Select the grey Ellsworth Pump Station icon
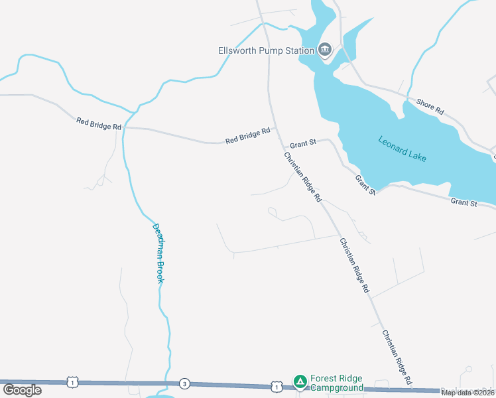click(x=325, y=49)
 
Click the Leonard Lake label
click(x=403, y=149)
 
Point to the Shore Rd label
click(x=430, y=107)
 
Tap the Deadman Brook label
click(x=158, y=253)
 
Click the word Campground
click(x=338, y=388)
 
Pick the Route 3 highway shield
click(x=184, y=383)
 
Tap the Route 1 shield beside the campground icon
click(x=275, y=385)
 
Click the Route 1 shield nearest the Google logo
click(x=72, y=382)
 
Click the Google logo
click(x=23, y=389)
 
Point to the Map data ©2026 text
click(x=467, y=393)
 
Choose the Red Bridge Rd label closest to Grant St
click(x=248, y=136)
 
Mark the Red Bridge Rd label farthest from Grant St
click(x=99, y=123)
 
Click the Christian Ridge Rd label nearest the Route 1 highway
click(x=398, y=357)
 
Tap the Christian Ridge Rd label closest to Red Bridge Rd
click(x=302, y=177)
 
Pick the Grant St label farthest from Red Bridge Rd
click(x=464, y=202)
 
